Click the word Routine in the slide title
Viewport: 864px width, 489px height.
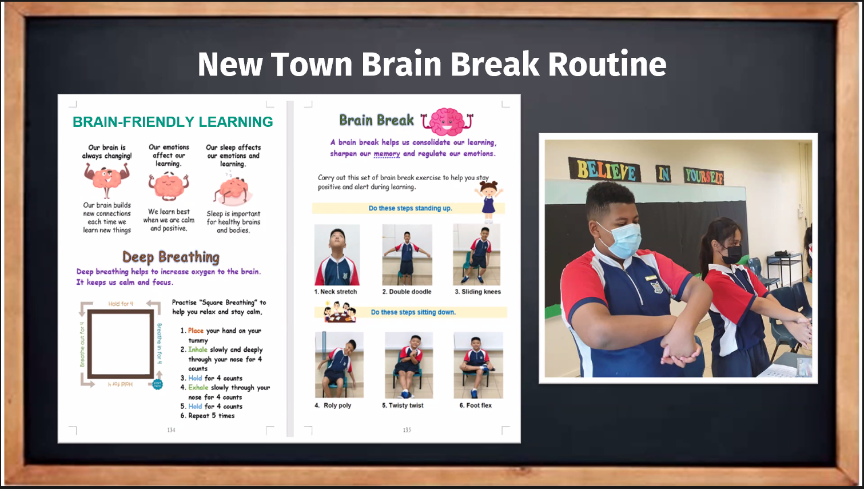tap(607, 64)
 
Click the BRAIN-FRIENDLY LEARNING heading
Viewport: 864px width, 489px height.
tap(173, 122)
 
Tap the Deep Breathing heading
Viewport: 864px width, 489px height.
tap(170, 257)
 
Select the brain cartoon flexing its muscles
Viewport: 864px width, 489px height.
tap(107, 180)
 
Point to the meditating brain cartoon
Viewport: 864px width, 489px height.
tap(169, 186)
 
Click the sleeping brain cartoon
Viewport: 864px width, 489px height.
tap(233, 190)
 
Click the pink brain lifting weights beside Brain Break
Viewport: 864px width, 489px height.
tap(448, 121)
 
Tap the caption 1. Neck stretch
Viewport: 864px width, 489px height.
tap(336, 292)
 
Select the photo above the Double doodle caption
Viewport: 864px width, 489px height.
tap(407, 255)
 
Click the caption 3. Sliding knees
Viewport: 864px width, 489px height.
tap(477, 292)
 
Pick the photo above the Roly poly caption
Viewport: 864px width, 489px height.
tap(339, 365)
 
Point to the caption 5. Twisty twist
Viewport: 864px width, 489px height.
tap(403, 405)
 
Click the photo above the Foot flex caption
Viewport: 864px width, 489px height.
tap(478, 365)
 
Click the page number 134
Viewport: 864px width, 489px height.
tap(171, 430)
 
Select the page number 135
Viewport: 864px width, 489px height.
tap(407, 430)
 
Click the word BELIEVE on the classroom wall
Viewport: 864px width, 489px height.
tap(606, 170)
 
